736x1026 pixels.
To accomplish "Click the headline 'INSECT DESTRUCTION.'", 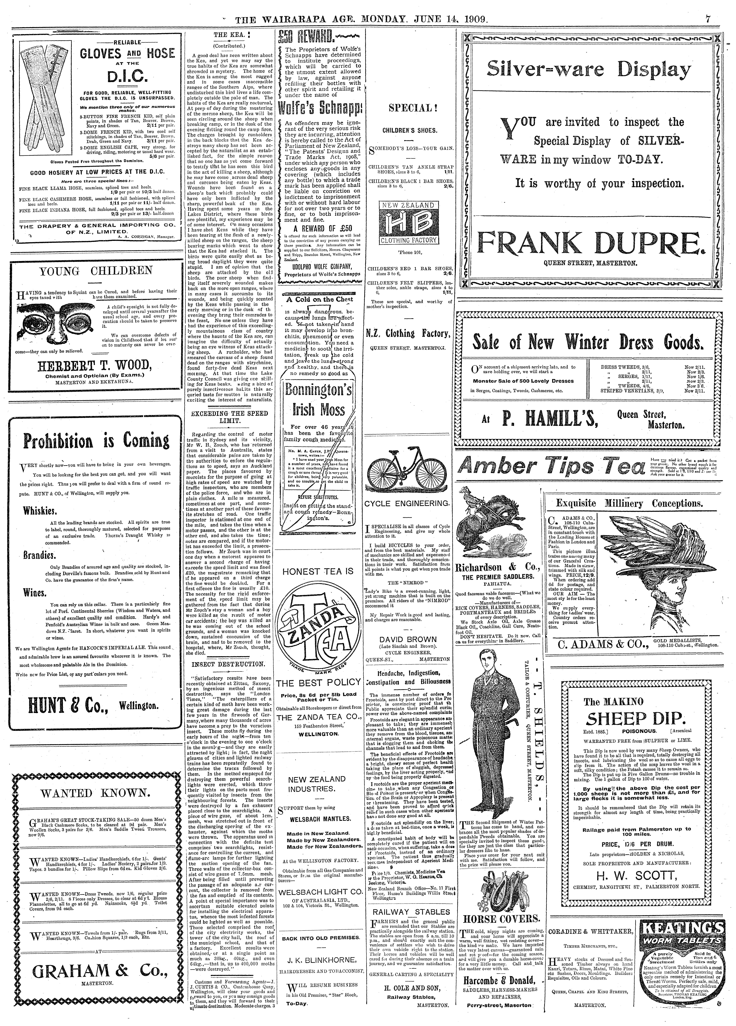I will (x=228, y=664).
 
